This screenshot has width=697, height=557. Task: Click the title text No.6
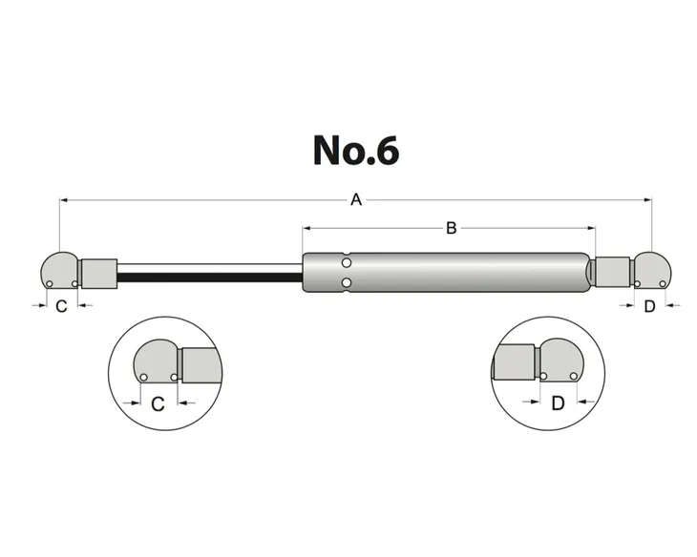click(x=355, y=150)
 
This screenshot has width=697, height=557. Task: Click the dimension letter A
click(x=356, y=200)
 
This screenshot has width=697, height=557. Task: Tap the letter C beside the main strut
click(x=60, y=307)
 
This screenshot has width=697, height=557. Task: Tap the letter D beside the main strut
click(x=649, y=306)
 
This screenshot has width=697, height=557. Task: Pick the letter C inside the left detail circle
click(x=158, y=403)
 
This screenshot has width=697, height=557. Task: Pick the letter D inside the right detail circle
click(x=559, y=402)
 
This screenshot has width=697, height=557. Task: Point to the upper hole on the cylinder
click(x=348, y=262)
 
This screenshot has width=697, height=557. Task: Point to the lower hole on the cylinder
click(x=348, y=282)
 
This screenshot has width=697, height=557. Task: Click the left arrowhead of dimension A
click(x=63, y=200)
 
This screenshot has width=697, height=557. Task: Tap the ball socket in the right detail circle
click(x=562, y=362)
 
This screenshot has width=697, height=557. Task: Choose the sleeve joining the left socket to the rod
click(x=97, y=274)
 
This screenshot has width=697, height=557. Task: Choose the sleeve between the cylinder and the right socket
click(x=611, y=271)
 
